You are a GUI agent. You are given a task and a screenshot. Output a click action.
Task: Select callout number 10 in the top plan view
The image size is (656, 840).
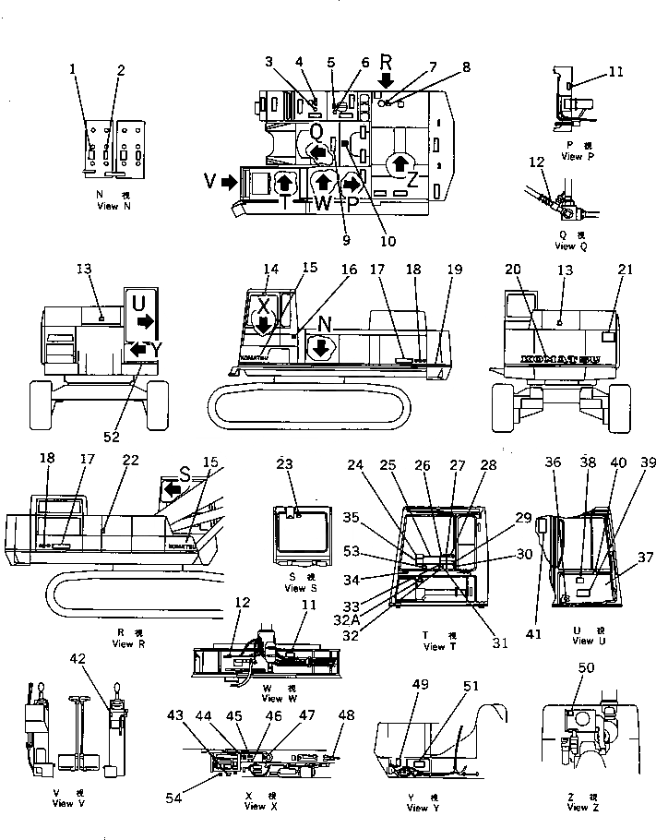click(388, 242)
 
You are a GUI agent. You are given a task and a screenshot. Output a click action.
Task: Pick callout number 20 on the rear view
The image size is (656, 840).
click(512, 270)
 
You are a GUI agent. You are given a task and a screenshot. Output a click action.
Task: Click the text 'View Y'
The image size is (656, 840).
click(421, 808)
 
